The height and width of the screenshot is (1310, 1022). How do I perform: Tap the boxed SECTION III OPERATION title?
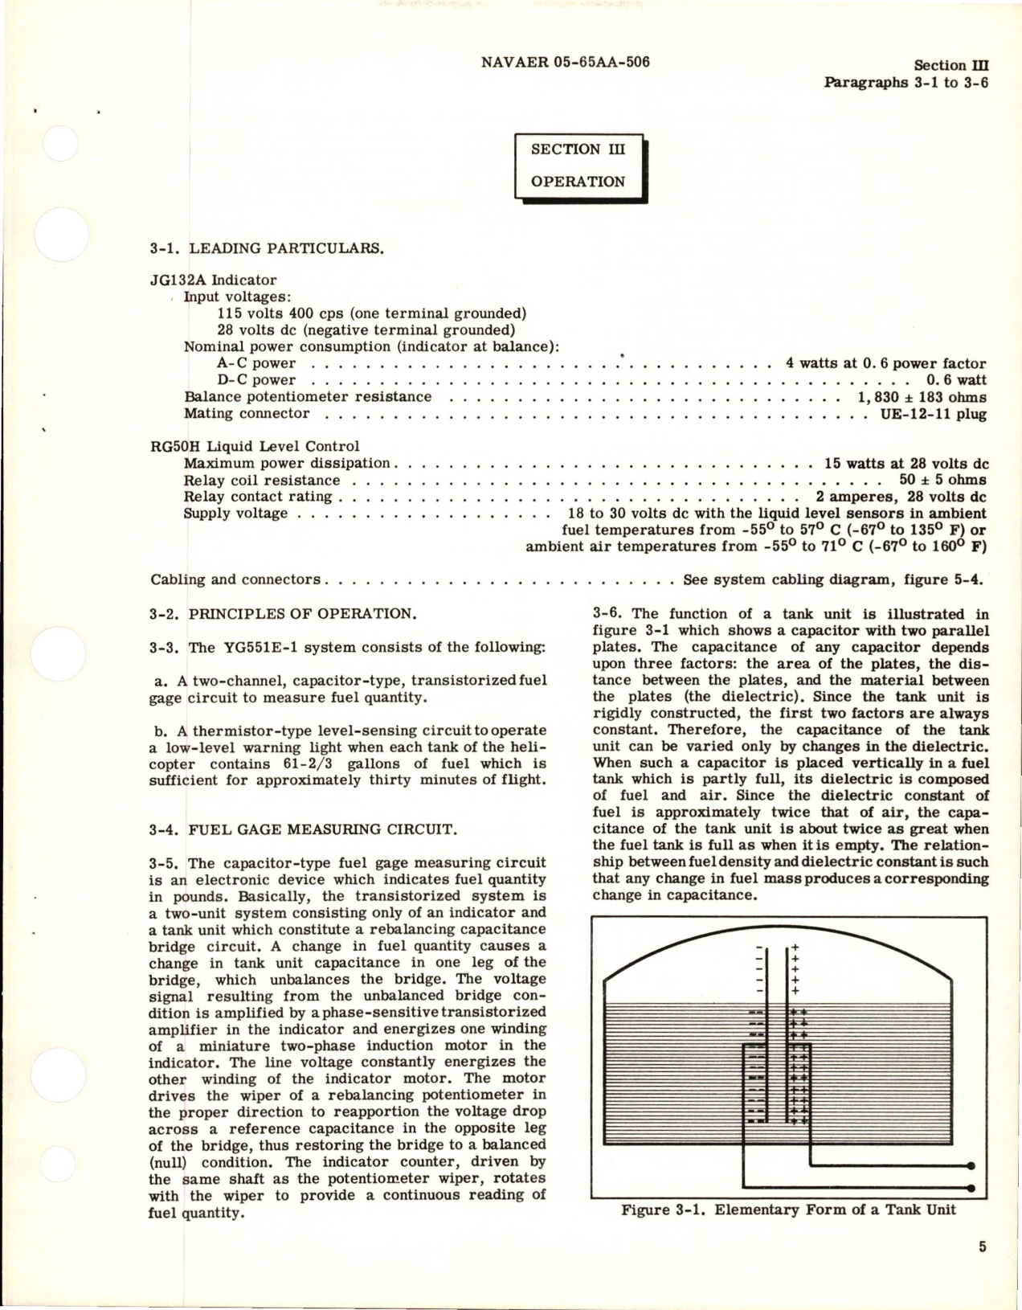click(578, 166)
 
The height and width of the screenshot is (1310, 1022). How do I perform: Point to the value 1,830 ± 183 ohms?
click(922, 397)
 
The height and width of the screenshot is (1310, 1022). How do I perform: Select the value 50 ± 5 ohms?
click(942, 481)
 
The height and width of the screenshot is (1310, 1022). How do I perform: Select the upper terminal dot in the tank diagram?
click(971, 1166)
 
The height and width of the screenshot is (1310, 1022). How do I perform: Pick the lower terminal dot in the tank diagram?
click(971, 1188)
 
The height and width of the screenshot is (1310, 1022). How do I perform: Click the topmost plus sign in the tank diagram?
click(795, 948)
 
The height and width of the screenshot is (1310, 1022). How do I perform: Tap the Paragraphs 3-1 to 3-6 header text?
click(906, 82)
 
